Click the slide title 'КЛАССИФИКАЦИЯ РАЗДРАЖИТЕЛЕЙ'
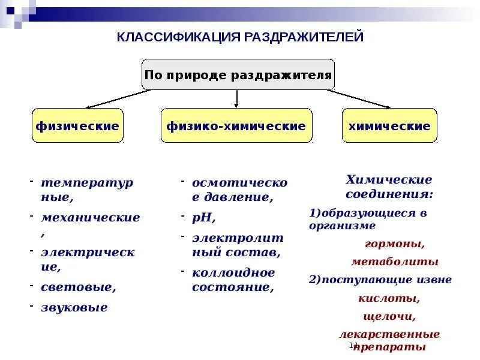[240, 37]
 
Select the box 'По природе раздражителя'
[238, 75]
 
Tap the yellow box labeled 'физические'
[77, 126]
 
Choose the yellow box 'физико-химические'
[236, 126]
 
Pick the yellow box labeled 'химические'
[389, 126]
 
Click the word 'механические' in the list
[90, 217]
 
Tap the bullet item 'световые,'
[78, 287]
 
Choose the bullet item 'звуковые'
[74, 307]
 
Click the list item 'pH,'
[204, 217]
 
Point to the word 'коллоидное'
[233, 272]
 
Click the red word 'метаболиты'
[394, 262]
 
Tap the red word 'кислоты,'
[388, 298]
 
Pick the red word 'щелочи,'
[389, 316]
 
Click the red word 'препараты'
[391, 347]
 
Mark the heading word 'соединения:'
[389, 194]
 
